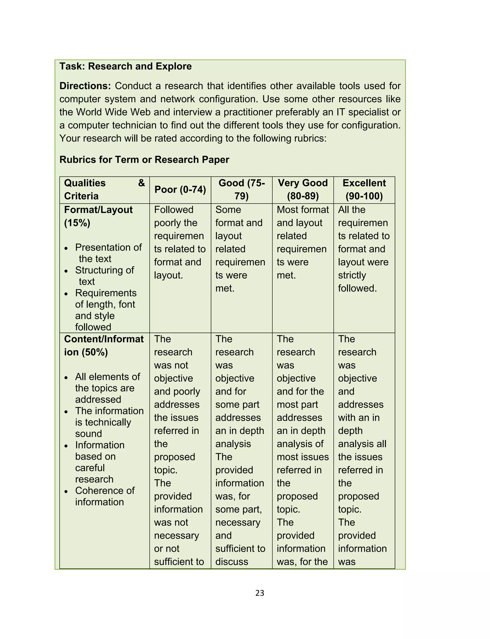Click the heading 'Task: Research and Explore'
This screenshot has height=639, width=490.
pos(125,66)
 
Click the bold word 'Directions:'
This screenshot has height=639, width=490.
pos(85,86)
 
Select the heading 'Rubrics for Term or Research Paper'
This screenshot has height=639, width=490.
pos(144,160)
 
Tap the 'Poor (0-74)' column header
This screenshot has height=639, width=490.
pos(180,190)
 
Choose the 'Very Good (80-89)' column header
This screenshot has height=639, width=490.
pos(303,189)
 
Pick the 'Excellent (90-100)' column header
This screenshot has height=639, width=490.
pos(364,189)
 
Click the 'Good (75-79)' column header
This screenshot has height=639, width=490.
pos(241,189)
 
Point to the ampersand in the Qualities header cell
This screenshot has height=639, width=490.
pos(141,183)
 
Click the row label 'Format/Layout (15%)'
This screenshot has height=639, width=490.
pos(98,216)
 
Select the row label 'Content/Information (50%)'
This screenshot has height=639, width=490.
pos(104,345)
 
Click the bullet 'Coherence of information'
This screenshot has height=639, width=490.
pos(104,496)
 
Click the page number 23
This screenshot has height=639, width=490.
pos(260,593)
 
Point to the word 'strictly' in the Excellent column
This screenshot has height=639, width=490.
pos(352,275)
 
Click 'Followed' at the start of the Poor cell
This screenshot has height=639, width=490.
pos(173,209)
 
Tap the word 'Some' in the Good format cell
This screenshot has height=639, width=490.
pos(228,209)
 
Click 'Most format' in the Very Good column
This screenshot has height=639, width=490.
pos(302,209)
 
